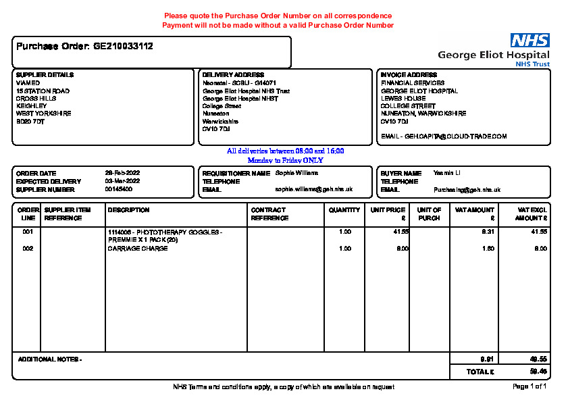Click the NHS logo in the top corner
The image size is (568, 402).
(530, 41)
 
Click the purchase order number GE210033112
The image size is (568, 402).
(123, 47)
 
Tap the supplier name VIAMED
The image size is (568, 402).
(28, 83)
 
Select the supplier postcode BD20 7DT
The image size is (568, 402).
(31, 122)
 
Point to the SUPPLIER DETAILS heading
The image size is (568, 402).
(45, 75)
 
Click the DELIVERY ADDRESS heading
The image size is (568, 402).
(233, 75)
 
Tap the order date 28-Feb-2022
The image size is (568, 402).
(122, 174)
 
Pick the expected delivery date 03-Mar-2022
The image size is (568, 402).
(122, 182)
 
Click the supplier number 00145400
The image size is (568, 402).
(118, 189)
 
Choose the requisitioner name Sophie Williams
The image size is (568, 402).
(296, 173)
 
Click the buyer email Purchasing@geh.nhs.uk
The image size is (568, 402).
(467, 190)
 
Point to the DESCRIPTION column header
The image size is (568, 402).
(128, 210)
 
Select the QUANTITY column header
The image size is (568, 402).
(344, 210)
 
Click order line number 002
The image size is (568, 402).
(28, 249)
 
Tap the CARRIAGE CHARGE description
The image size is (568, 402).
(138, 249)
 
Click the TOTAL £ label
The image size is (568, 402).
(480, 372)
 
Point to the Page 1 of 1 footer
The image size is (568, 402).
(530, 387)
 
